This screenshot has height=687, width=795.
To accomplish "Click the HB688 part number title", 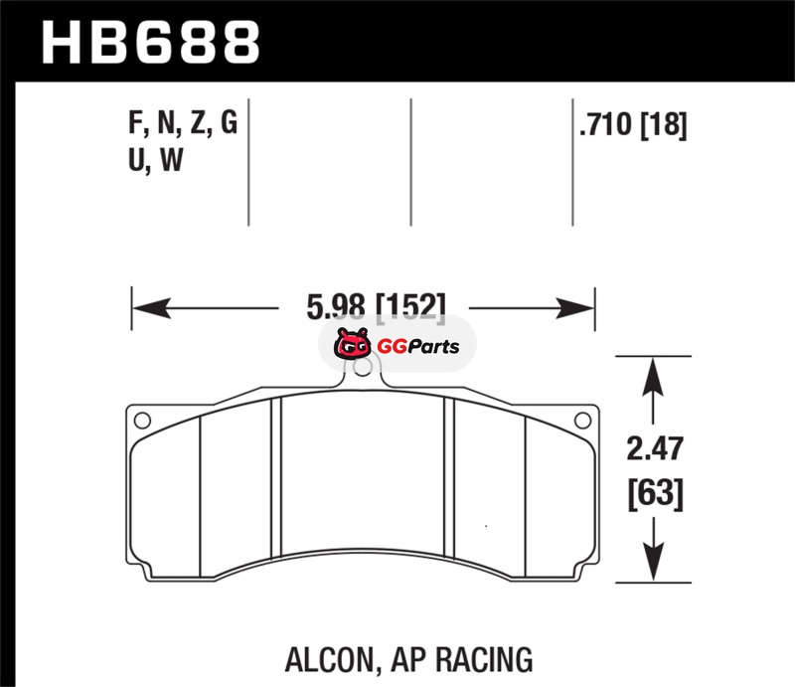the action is pyautogui.click(x=151, y=43).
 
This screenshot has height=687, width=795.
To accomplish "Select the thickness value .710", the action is pyautogui.click(x=606, y=124).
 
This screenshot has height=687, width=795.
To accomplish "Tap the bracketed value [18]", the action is pyautogui.click(x=664, y=125).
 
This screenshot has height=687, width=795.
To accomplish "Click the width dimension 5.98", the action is pyautogui.click(x=336, y=306).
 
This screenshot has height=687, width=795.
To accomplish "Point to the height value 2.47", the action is pyautogui.click(x=655, y=448).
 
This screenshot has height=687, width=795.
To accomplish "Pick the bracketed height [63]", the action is pyautogui.click(x=656, y=493).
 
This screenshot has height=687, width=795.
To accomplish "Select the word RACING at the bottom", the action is pyautogui.click(x=484, y=659).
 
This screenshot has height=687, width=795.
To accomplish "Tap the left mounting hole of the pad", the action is pyautogui.click(x=142, y=421).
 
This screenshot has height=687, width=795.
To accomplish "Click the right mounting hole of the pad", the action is pyautogui.click(x=582, y=421).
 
